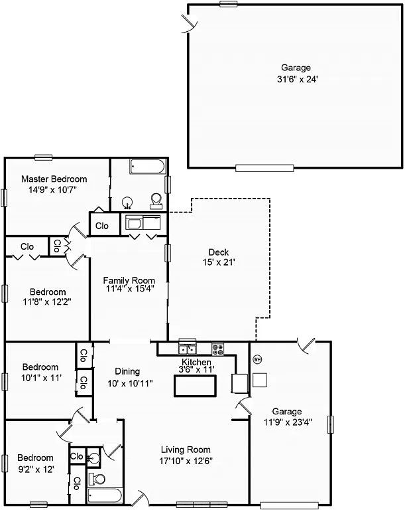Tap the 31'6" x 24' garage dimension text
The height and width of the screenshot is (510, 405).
tap(296, 79)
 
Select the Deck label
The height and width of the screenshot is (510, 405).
tap(218, 252)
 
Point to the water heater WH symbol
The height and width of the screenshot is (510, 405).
tap(258, 359)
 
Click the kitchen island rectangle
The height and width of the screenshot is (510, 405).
tap(195, 386)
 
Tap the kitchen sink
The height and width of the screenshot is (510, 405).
tap(187, 348)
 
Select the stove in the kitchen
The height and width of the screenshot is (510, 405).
tap(218, 348)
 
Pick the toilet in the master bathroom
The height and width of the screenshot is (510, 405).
tap(156, 200)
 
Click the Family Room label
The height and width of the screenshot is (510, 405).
tap(129, 280)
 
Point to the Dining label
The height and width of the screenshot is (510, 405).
tap(127, 371)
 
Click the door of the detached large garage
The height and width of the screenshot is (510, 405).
tap(190, 25)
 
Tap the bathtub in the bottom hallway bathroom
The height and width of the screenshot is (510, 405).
tap(105, 495)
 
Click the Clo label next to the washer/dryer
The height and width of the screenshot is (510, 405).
tap(101, 226)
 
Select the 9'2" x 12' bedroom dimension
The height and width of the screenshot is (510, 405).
tap(35, 469)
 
